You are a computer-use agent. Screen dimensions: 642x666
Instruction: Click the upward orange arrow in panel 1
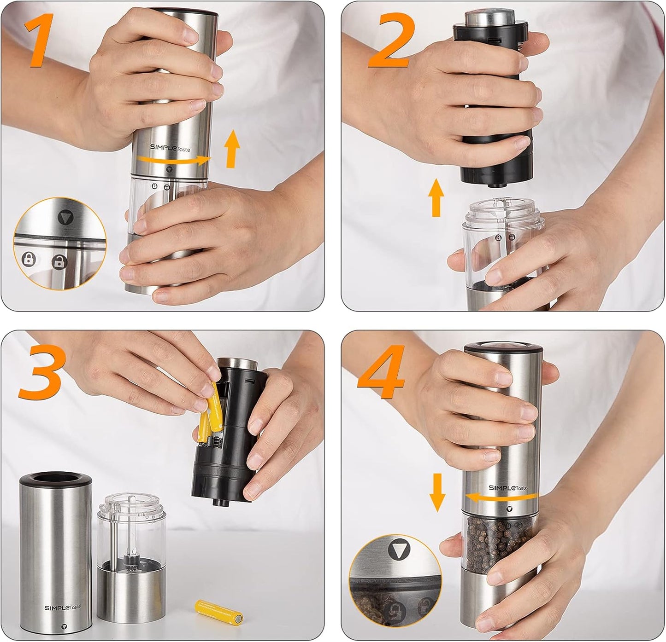tap(232, 149)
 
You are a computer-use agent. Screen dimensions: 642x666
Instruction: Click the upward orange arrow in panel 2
tap(436, 197)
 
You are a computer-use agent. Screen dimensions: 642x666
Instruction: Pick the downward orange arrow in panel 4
tap(437, 492)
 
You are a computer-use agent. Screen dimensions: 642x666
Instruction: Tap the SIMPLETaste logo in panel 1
tap(173, 147)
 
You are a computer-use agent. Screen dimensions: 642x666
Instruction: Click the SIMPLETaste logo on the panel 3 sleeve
tap(62, 607)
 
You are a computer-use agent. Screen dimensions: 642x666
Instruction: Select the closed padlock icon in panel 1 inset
tap(29, 259)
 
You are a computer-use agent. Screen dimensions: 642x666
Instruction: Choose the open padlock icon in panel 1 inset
tap(59, 262)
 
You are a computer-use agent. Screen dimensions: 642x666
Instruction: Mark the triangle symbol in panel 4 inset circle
tap(397, 550)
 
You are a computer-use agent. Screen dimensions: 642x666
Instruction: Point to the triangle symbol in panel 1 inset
tap(65, 217)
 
